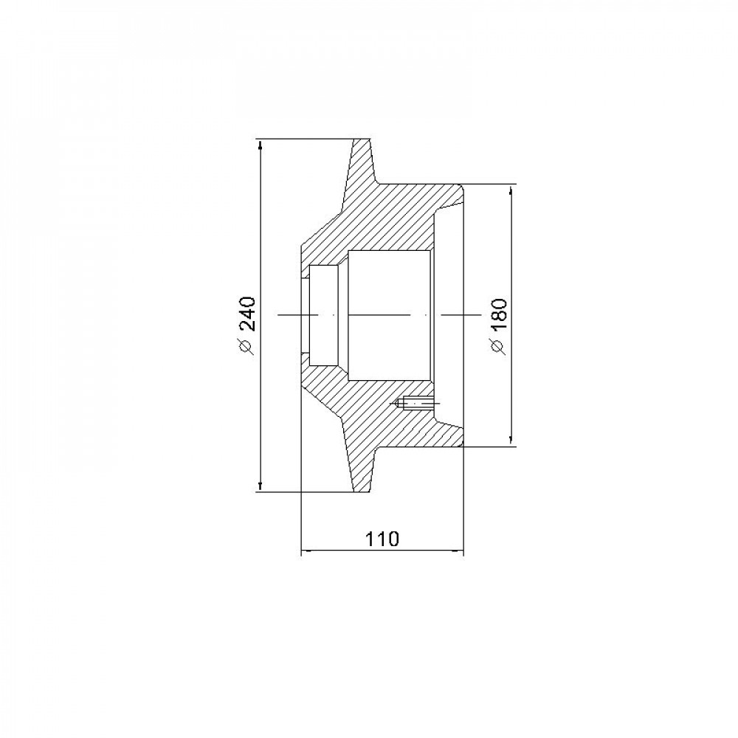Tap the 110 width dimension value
tap(382, 539)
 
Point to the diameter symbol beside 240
tap(247, 345)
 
